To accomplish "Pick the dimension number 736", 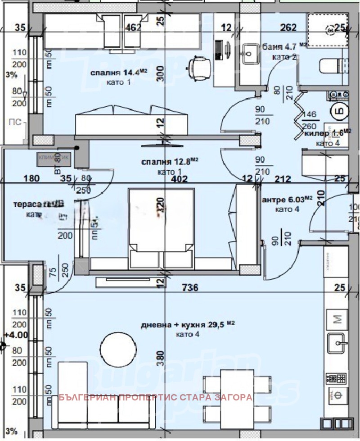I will pos(189,287).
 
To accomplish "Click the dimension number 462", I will pos(134,27).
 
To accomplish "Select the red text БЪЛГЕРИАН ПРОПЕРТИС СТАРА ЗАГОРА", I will pos(156,398).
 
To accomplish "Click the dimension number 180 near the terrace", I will pos(33,178).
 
